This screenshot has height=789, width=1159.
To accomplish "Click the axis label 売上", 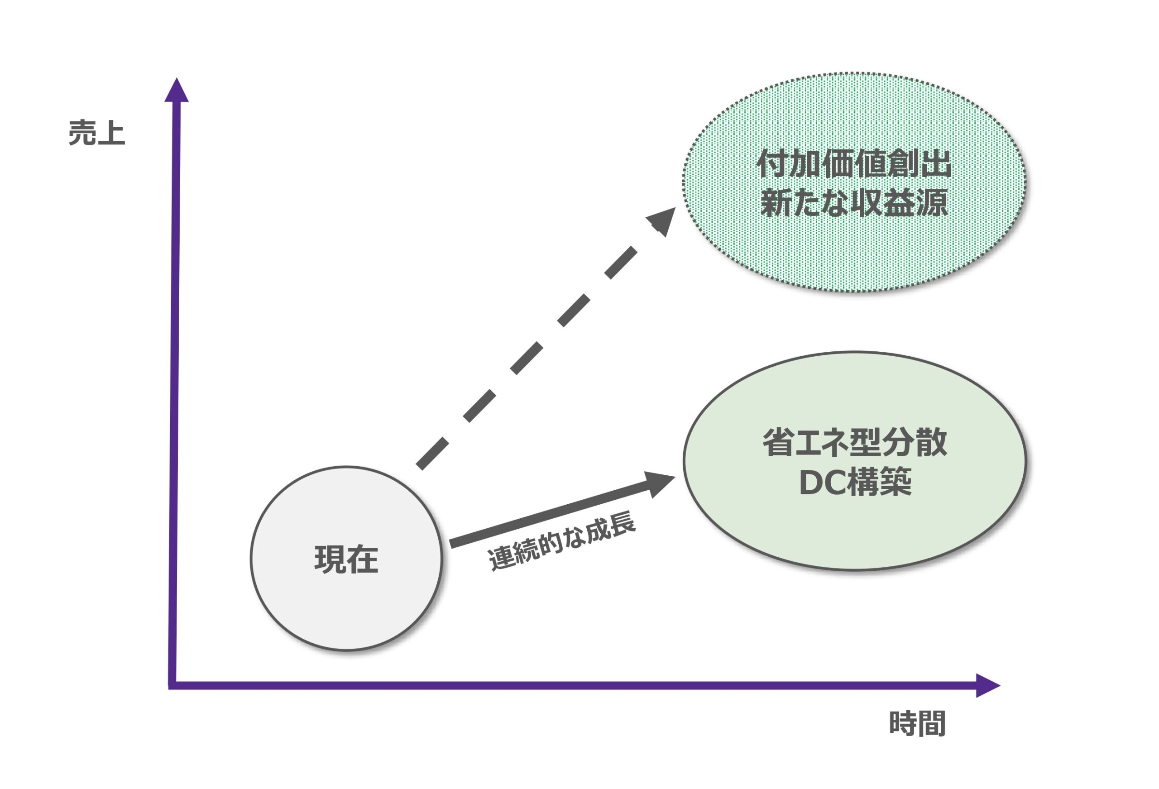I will click(x=96, y=133).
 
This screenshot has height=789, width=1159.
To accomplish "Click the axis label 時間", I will click(x=917, y=724).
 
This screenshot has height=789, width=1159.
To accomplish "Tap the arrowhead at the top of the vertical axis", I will click(x=177, y=91).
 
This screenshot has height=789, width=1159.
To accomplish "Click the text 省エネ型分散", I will click(x=854, y=442).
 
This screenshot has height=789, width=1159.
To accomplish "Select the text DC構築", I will click(x=855, y=482).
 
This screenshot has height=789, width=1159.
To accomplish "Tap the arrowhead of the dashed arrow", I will click(x=662, y=220).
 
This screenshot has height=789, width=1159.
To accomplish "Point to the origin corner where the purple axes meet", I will click(x=172, y=686).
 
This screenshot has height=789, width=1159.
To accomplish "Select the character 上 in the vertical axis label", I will click(x=111, y=133).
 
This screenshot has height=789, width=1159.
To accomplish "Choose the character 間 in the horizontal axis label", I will click(x=932, y=724).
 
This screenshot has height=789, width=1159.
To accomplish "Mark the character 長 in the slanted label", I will click(x=623, y=524).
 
